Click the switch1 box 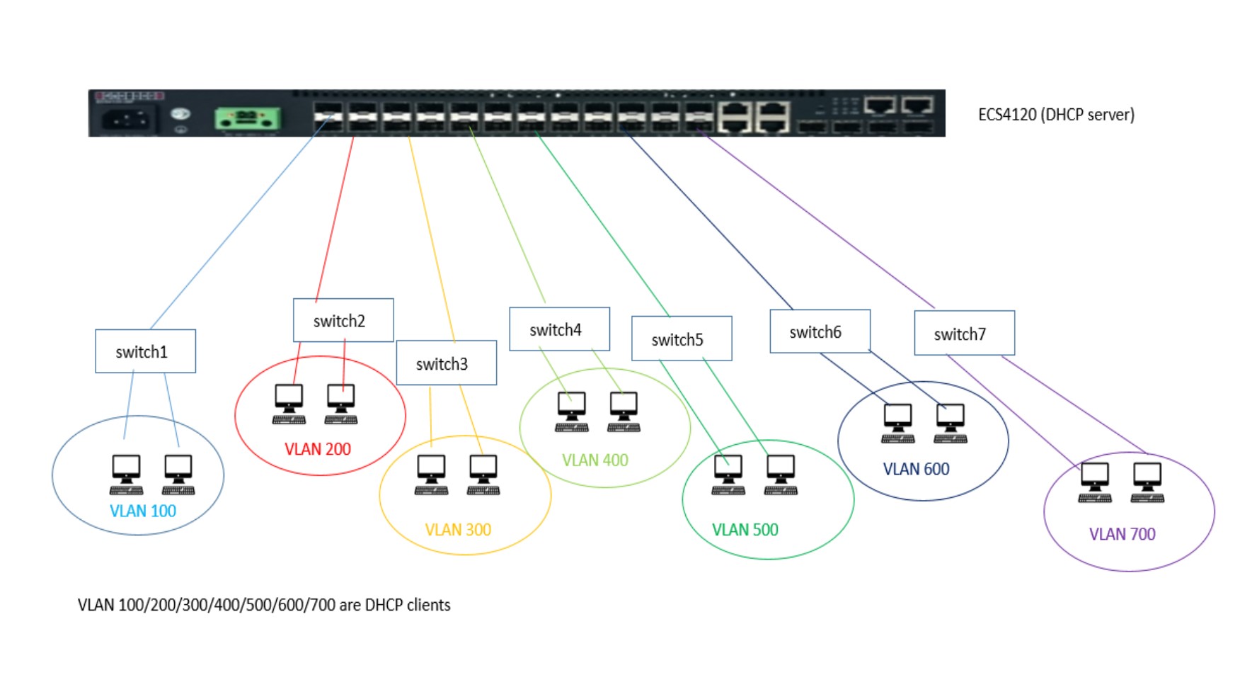(x=145, y=351)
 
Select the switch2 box (x=343, y=320)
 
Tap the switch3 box (x=446, y=363)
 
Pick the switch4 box (x=559, y=329)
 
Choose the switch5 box (x=681, y=339)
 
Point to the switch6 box (x=820, y=331)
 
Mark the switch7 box (x=964, y=334)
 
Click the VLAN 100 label (x=143, y=511)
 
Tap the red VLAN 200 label (x=318, y=449)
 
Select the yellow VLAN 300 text (x=458, y=530)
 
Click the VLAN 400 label (x=595, y=460)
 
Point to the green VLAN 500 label (x=745, y=530)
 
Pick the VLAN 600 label (x=916, y=469)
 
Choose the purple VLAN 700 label (x=1122, y=534)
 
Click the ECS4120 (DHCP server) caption (x=1056, y=115)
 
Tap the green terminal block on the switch (x=247, y=118)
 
